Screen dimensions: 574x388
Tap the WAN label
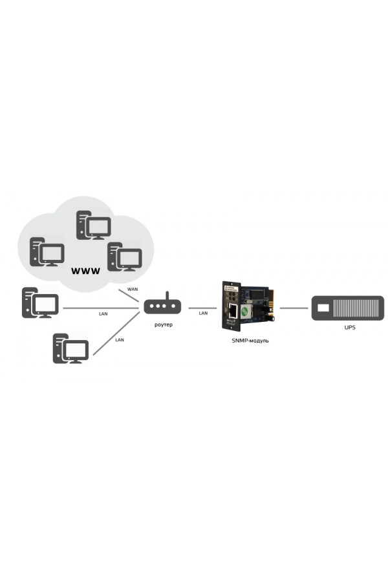pyautogui.click(x=133, y=289)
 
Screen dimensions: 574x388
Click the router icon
pyautogui.click(x=162, y=308)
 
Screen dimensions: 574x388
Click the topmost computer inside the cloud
pyautogui.click(x=93, y=225)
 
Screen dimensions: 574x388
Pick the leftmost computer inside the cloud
pyautogui.click(x=47, y=251)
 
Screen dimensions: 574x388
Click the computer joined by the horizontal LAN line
pyautogui.click(x=40, y=303)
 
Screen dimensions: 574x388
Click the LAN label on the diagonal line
pyautogui.click(x=119, y=339)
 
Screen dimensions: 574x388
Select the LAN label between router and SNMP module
pyautogui.click(x=202, y=314)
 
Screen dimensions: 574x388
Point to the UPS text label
pyautogui.click(x=350, y=328)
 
